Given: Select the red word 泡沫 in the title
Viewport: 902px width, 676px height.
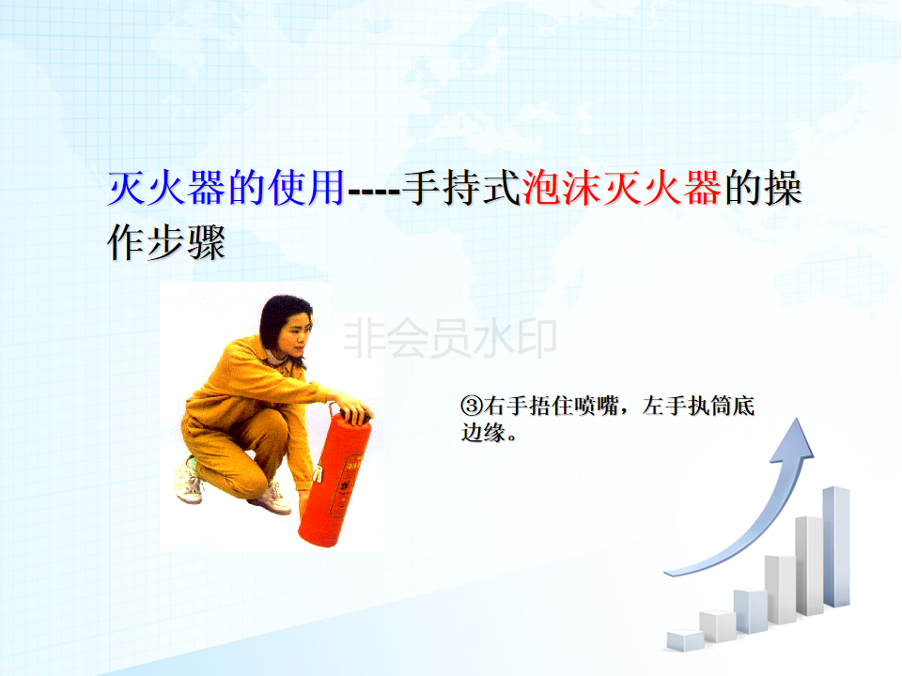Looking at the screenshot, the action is tap(562, 188).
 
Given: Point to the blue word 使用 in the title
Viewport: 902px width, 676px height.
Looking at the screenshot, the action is tap(306, 188).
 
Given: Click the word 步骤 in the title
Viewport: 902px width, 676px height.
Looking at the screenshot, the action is tap(187, 242).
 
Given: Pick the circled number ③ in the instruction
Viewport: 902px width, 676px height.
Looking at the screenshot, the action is tap(472, 406).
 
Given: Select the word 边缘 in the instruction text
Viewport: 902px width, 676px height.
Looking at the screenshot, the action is tap(483, 432).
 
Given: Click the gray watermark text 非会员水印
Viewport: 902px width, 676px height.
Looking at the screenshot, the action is tap(450, 338).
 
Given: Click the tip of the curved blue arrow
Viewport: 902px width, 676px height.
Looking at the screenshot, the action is tap(798, 419).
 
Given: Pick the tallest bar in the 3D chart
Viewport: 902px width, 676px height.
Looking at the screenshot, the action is tap(836, 546).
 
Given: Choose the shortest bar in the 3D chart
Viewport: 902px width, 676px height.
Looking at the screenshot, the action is tap(685, 640).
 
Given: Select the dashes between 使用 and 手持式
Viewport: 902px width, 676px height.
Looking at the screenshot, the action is tap(374, 190).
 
